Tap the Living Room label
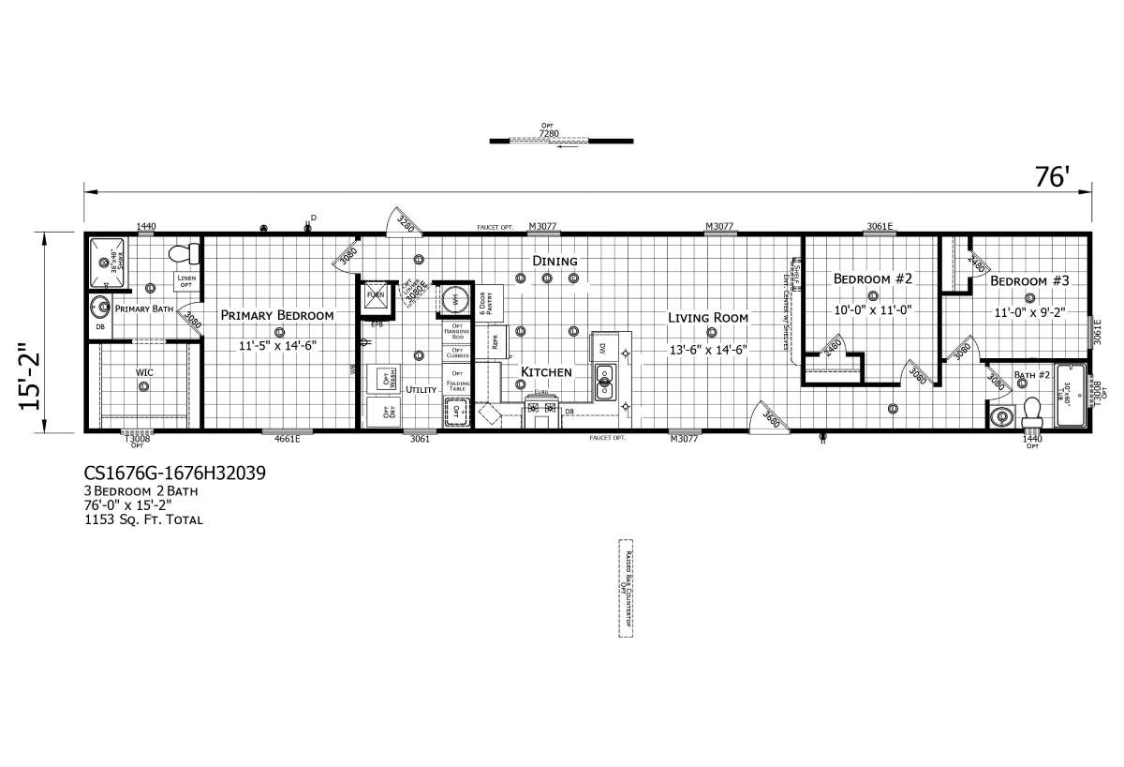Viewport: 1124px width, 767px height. (x=708, y=318)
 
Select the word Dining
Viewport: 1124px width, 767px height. (x=555, y=261)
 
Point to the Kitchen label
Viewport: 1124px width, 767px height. (x=546, y=372)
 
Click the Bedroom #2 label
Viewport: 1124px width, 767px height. (x=873, y=278)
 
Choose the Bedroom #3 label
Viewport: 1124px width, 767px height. (x=1029, y=281)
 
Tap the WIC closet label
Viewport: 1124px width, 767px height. (x=144, y=373)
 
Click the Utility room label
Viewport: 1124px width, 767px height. (x=421, y=388)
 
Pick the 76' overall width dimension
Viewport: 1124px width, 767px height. (x=1052, y=177)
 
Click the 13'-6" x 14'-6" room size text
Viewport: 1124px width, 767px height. (x=708, y=349)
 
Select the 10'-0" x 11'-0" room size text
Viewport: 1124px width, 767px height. (x=873, y=309)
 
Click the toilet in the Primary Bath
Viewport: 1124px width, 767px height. (x=188, y=253)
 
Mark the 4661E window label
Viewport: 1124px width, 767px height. (x=287, y=439)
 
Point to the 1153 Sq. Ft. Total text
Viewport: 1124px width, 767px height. (x=143, y=519)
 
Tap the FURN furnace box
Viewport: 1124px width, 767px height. (x=377, y=294)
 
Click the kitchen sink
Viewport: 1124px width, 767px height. (x=605, y=382)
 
